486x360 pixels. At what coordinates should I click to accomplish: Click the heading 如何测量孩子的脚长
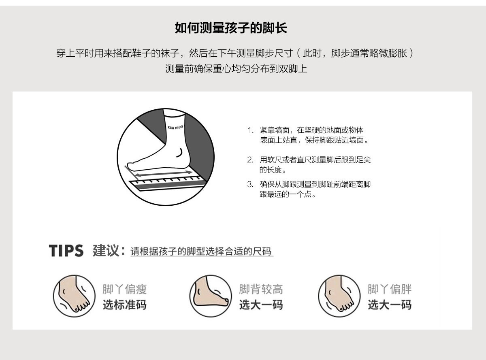(x=231, y=28)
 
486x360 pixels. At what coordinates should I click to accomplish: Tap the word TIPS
(x=66, y=251)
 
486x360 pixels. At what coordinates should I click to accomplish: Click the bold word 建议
(x=105, y=251)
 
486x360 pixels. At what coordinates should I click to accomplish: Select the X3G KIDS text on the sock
(x=175, y=127)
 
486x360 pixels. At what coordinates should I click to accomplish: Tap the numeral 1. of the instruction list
(x=251, y=130)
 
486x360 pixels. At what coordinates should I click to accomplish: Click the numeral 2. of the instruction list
(x=251, y=160)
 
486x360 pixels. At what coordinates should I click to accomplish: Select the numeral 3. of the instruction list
(x=250, y=185)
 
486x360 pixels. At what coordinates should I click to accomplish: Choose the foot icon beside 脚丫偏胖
(x=339, y=296)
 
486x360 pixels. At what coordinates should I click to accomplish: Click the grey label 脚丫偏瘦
(x=124, y=289)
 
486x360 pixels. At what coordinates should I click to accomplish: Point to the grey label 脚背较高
(x=261, y=289)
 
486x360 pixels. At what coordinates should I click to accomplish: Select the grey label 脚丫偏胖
(x=390, y=289)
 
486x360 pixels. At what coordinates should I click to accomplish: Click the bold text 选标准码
(x=124, y=305)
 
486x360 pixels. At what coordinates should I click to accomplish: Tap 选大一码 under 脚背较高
(x=261, y=305)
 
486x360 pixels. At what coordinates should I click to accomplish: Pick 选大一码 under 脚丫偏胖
(x=390, y=305)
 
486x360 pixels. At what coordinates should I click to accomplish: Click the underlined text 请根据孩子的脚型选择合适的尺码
(x=201, y=251)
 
